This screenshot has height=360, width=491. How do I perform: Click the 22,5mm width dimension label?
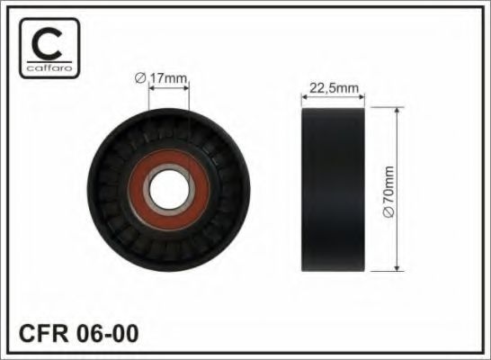pos(334,87)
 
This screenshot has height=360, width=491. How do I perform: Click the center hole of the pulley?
pos(167,189)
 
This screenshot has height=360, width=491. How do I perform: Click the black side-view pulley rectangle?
pos(334,189)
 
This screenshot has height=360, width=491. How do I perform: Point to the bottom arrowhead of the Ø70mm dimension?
pos(397,266)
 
